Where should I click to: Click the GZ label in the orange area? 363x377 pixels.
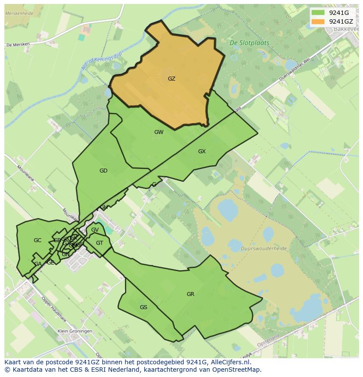pyautogui.click(x=171, y=79)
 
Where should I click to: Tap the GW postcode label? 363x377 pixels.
pyautogui.click(x=159, y=132)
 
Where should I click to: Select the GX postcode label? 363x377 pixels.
pyautogui.click(x=202, y=152)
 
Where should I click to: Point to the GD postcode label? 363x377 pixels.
pyautogui.click(x=103, y=171)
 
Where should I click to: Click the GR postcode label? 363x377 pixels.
pyautogui.click(x=190, y=294)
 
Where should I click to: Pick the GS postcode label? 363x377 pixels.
pyautogui.click(x=143, y=307)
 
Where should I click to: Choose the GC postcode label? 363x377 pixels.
pyautogui.click(x=37, y=240)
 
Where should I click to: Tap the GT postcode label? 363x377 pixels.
pyautogui.click(x=100, y=243)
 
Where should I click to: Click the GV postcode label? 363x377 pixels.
pyautogui.click(x=95, y=230)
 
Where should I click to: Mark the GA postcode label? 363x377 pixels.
pyautogui.click(x=38, y=264)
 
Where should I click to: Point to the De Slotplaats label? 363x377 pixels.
pyautogui.click(x=249, y=43)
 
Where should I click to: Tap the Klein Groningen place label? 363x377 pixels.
pyautogui.click(x=75, y=331)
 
